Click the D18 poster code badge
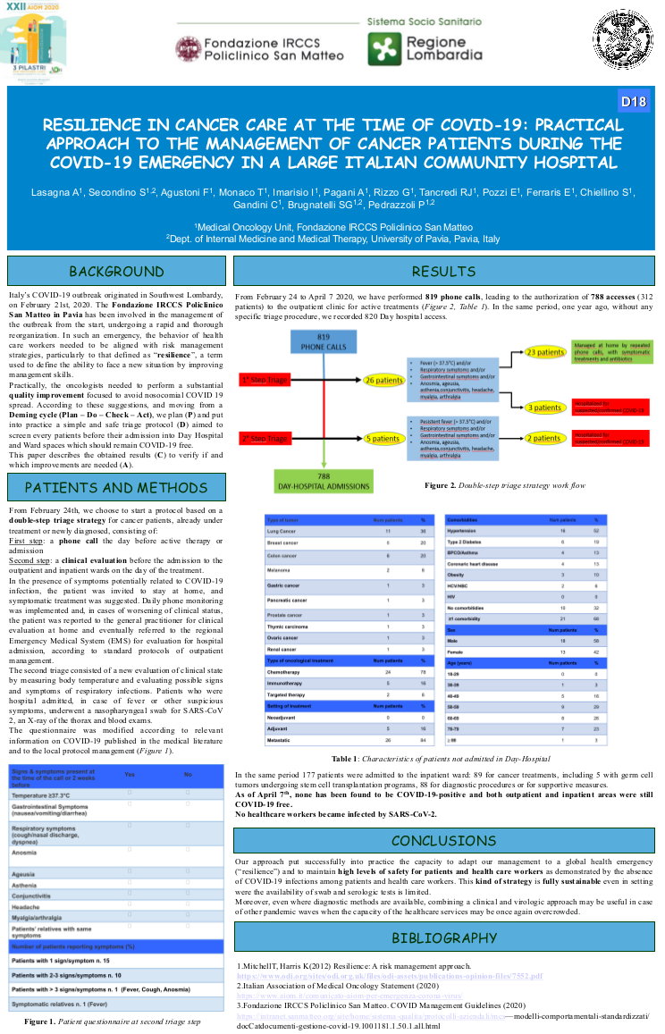point(633,102)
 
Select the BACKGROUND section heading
point(116,272)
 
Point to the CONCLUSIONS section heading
point(443,841)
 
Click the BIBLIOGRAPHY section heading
point(443,937)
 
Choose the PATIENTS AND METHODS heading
point(116,487)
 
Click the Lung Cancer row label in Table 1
point(282,531)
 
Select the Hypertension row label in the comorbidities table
point(467,531)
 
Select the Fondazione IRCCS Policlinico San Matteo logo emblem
point(188,49)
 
